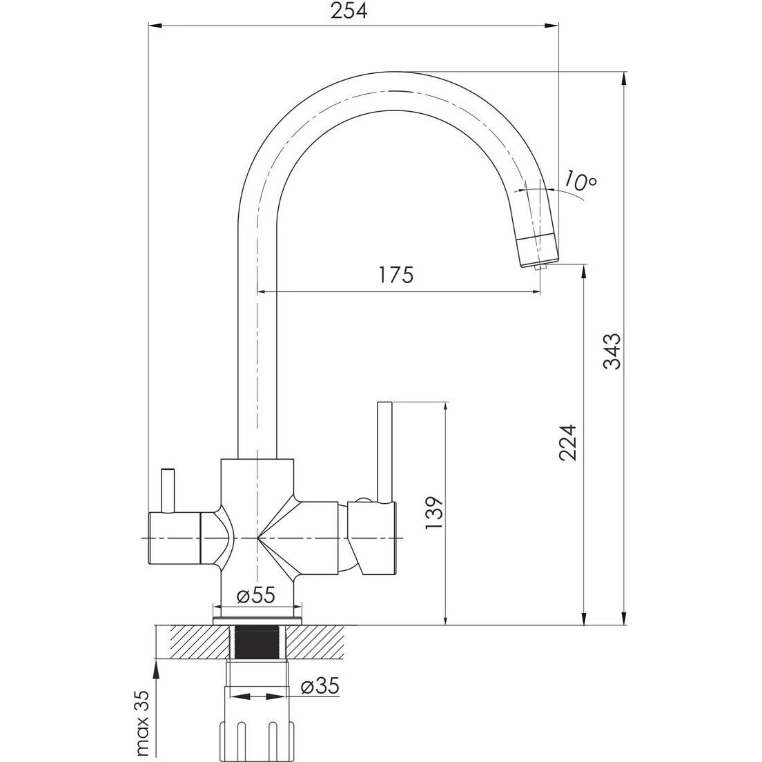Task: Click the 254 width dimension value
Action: click(349, 10)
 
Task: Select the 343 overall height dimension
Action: click(611, 351)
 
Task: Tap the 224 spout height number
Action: click(567, 442)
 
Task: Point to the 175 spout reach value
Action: click(396, 275)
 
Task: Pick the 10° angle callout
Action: click(580, 182)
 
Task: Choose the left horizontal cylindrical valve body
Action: click(173, 538)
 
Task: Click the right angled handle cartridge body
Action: click(371, 538)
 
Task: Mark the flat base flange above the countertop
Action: click(257, 621)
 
